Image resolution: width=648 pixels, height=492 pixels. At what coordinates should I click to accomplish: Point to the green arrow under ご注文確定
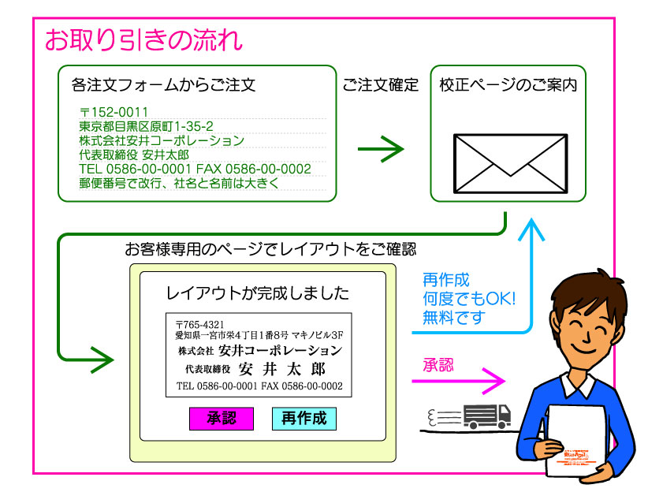(380, 147)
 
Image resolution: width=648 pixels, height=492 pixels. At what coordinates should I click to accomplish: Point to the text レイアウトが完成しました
(257, 294)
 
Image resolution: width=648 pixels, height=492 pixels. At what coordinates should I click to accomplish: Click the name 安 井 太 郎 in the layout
(281, 368)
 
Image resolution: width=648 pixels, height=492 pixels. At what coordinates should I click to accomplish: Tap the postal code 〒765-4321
(200, 324)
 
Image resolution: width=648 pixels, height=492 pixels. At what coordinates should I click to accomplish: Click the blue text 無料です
(454, 318)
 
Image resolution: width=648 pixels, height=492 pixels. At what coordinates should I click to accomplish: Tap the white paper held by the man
(579, 442)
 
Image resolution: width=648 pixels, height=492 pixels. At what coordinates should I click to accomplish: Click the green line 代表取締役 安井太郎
(134, 155)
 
